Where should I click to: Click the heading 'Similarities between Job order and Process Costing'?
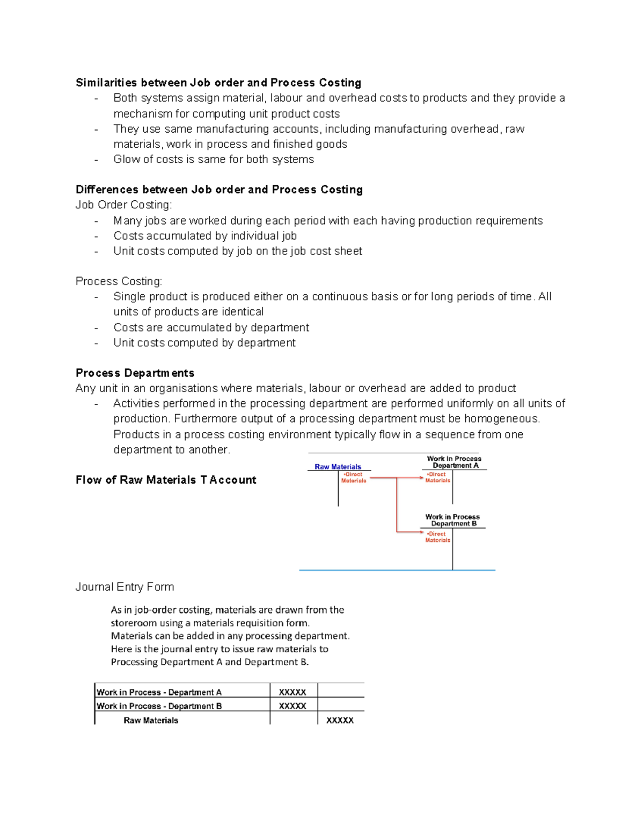click(x=218, y=83)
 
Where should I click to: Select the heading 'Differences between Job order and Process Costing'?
click(x=219, y=190)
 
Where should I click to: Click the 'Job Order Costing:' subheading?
click(x=123, y=205)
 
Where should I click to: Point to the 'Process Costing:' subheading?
click(x=119, y=281)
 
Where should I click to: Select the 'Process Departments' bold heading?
click(x=135, y=373)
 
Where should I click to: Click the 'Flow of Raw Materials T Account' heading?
click(x=166, y=480)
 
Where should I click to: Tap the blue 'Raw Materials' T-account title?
click(x=338, y=467)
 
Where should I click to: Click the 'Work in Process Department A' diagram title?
click(x=455, y=462)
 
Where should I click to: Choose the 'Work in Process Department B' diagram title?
click(x=453, y=520)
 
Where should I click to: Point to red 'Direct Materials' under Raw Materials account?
click(x=353, y=477)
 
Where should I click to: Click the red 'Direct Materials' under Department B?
click(x=437, y=537)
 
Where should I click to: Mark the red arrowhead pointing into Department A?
click(x=421, y=477)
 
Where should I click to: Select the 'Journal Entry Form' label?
click(x=125, y=587)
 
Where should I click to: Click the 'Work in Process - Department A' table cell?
click(x=159, y=692)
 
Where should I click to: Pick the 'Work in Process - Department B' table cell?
click(x=159, y=706)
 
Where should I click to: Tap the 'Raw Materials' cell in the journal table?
click(x=151, y=720)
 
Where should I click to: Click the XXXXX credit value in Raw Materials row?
click(x=340, y=720)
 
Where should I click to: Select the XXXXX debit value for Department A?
click(x=292, y=692)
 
